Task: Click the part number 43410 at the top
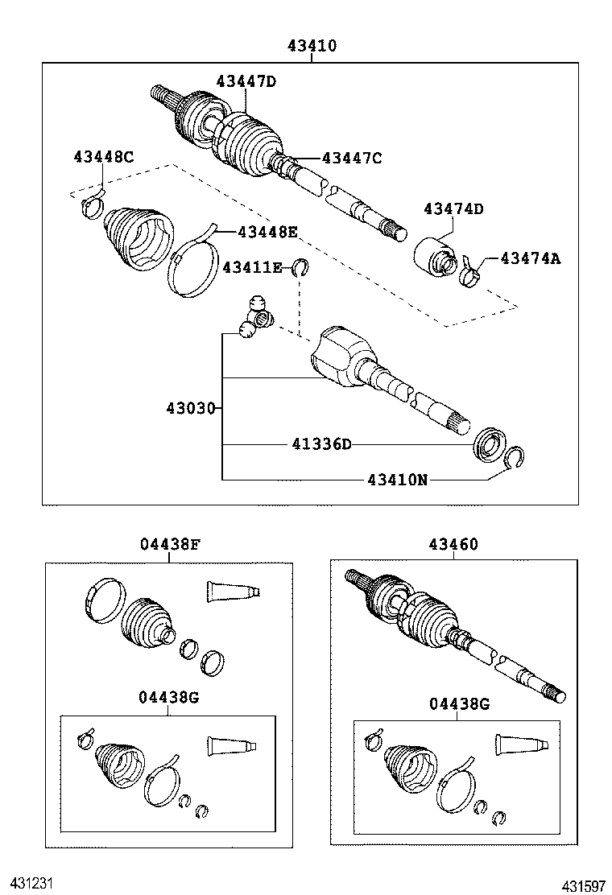pyautogui.click(x=312, y=47)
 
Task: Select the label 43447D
pyautogui.click(x=246, y=80)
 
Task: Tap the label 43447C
pyautogui.click(x=351, y=158)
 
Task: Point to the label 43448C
pyautogui.click(x=103, y=157)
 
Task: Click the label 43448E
pyautogui.click(x=267, y=232)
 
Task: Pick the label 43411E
pyautogui.click(x=252, y=267)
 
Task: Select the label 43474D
pyautogui.click(x=453, y=209)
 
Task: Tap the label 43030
pyautogui.click(x=191, y=408)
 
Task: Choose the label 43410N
pyautogui.click(x=397, y=480)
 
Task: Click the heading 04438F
pyautogui.click(x=169, y=544)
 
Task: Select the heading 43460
pyautogui.click(x=454, y=544)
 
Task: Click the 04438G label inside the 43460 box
pyautogui.click(x=459, y=704)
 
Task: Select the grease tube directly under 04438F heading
pyautogui.click(x=234, y=592)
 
